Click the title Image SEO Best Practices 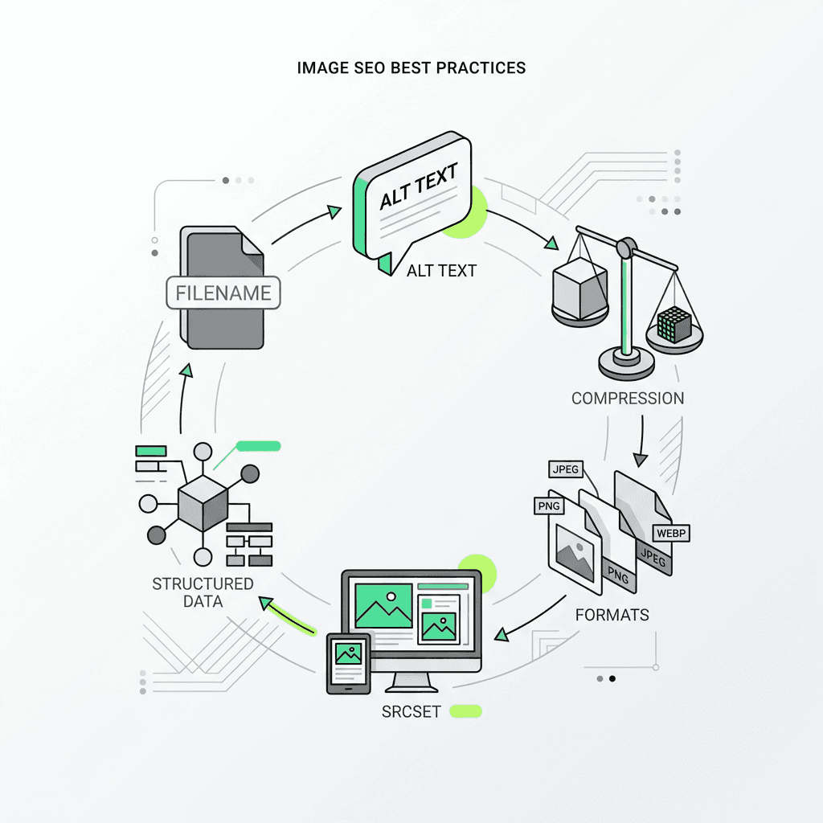coord(411,68)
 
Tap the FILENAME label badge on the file coord(223,293)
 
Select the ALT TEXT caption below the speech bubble coord(441,270)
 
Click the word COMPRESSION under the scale coord(628,398)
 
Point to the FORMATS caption coord(612,616)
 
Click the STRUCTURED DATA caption coord(203,592)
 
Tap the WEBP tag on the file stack coord(672,532)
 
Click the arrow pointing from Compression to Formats coord(641,442)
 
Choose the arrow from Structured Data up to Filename coord(183,402)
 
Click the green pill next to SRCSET coord(466,710)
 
